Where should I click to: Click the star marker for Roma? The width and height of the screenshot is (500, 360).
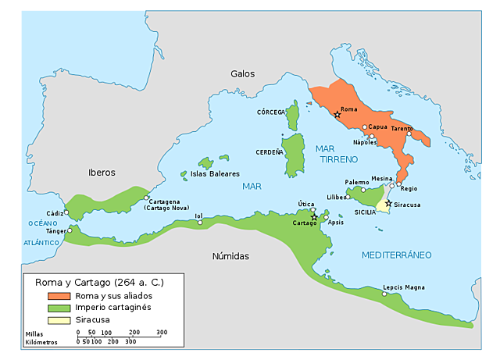(337, 115)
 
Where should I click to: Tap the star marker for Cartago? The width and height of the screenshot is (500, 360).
(314, 217)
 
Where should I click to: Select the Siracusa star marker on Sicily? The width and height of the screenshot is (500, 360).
(388, 203)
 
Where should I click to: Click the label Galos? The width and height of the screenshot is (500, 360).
(242, 73)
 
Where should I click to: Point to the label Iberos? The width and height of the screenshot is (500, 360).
(102, 172)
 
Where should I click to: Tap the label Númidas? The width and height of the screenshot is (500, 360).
(230, 256)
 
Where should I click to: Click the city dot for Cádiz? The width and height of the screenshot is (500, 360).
(66, 212)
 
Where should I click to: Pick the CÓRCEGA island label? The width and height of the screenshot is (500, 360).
(271, 112)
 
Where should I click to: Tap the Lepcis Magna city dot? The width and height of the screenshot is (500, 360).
(384, 294)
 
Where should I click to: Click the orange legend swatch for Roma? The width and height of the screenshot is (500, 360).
(59, 296)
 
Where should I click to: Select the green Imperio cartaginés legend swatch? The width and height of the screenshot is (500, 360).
(59, 308)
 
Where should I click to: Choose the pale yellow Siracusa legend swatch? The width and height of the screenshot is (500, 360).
(59, 319)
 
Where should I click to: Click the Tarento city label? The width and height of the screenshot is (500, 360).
(402, 128)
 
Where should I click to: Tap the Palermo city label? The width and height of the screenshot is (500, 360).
(357, 182)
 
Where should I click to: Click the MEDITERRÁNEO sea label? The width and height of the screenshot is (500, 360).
(397, 255)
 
